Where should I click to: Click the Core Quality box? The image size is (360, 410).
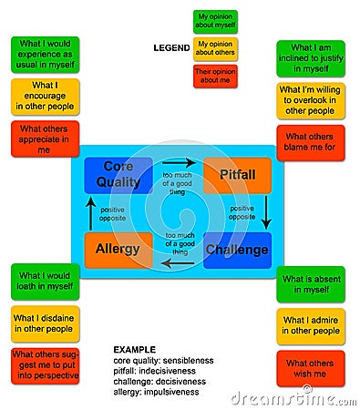click(118, 175)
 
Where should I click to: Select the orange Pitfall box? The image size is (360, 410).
click(237, 174)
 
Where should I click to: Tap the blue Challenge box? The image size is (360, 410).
click(237, 250)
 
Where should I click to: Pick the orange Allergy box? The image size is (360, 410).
click(118, 250)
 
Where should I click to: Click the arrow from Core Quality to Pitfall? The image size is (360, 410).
click(179, 163)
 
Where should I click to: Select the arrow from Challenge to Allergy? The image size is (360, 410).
click(179, 263)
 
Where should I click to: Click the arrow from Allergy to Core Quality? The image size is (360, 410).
click(89, 212)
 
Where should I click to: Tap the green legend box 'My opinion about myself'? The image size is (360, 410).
click(215, 22)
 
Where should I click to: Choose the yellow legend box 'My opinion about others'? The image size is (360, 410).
click(215, 49)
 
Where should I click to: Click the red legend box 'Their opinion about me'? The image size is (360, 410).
click(215, 76)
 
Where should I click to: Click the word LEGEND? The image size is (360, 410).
click(170, 47)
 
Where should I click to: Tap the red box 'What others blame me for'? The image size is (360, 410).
click(311, 140)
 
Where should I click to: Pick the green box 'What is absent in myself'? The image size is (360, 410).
click(311, 284)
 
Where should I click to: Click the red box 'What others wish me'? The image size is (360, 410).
click(311, 368)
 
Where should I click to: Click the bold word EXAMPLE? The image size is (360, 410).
click(134, 349)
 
